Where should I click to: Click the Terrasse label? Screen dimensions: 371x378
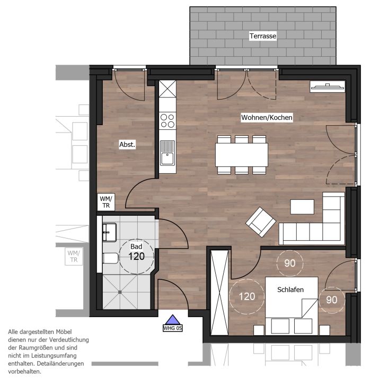263,36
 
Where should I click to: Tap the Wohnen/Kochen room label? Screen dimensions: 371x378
267,117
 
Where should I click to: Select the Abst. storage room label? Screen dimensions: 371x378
127,144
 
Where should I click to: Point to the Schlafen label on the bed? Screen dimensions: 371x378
290,289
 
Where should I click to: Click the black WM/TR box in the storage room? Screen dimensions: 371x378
106,202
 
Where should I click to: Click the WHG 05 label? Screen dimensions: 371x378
172,328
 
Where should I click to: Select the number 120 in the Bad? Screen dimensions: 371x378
136,256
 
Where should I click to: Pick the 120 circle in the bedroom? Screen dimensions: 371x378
247,296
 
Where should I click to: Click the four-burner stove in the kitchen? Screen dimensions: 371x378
167,121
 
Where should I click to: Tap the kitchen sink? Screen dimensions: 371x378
167,153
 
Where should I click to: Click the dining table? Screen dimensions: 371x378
242,155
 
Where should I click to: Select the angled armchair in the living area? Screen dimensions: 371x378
261,222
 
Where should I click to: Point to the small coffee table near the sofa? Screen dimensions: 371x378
302,207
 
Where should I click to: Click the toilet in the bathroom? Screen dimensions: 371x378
110,258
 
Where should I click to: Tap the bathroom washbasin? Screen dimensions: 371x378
110,232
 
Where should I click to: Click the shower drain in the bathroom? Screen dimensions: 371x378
120,292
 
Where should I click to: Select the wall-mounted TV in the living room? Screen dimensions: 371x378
328,87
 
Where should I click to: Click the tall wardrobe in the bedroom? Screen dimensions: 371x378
219,293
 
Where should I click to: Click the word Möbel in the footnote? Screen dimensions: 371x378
65,332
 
